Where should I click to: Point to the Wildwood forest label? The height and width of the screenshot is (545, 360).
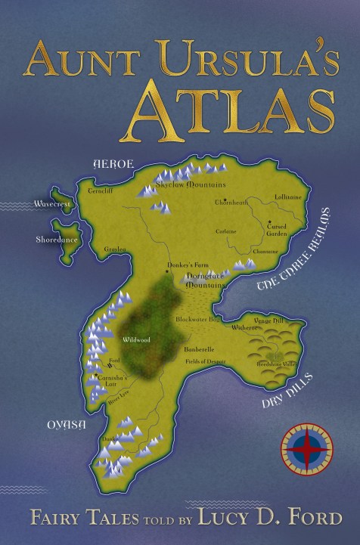(x=138, y=340)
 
